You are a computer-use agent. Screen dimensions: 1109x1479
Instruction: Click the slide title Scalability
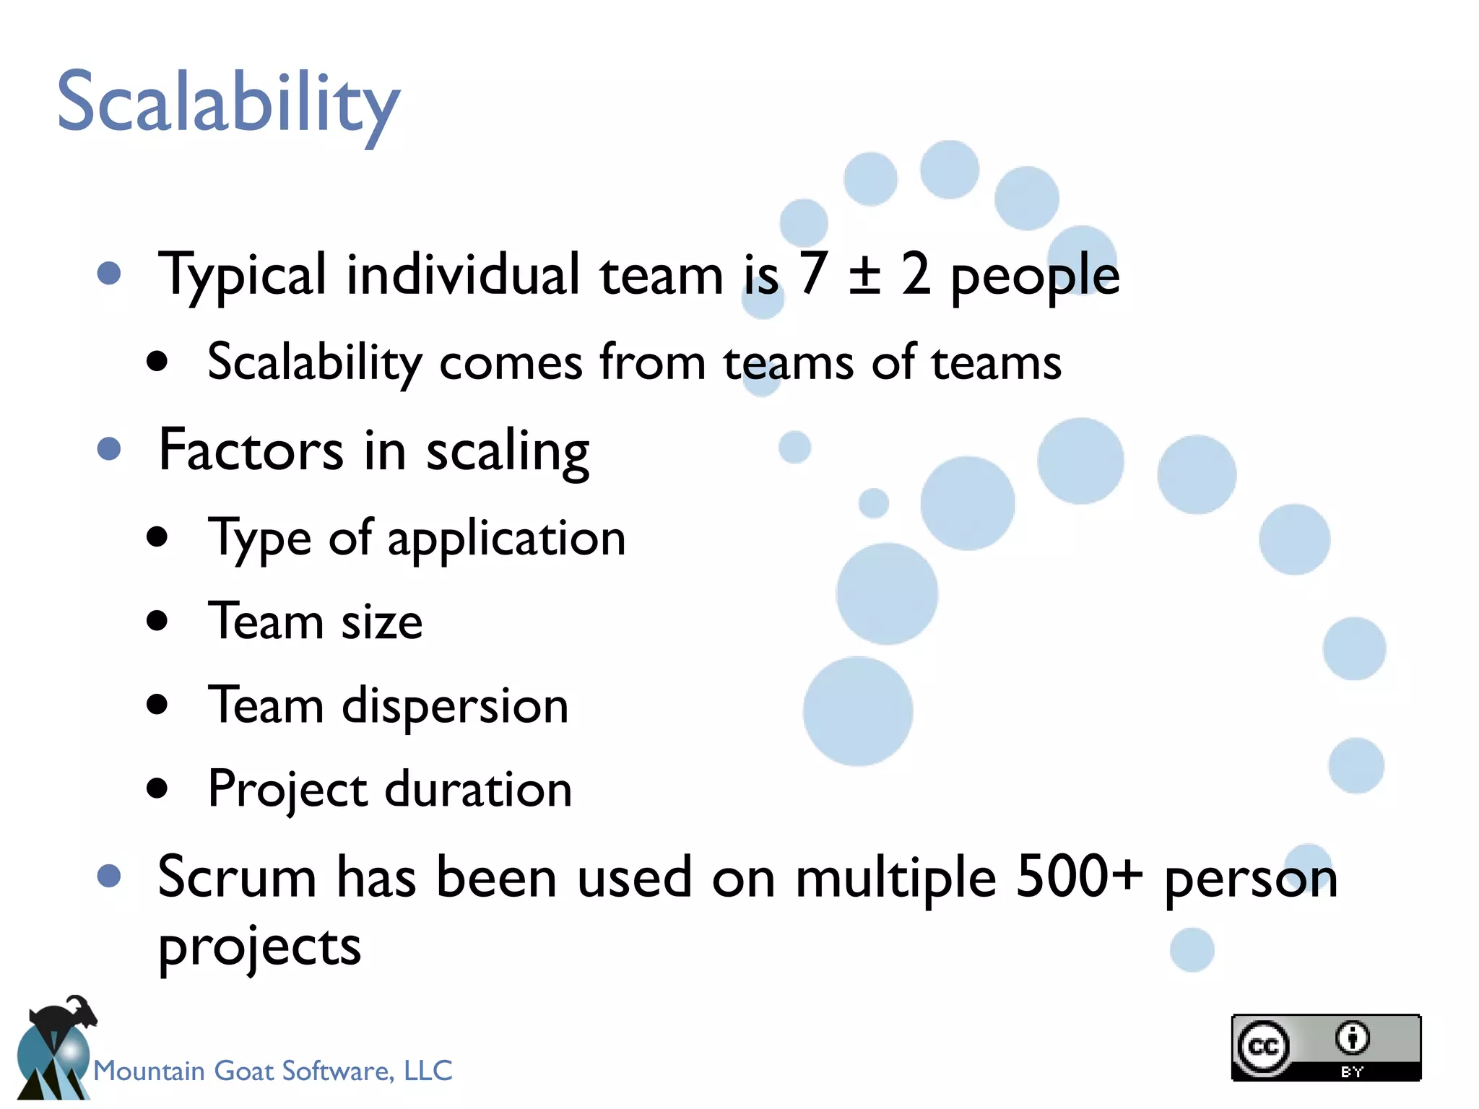point(228,103)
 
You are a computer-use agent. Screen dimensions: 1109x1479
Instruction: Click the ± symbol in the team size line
point(864,274)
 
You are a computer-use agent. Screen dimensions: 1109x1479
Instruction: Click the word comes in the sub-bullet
point(511,362)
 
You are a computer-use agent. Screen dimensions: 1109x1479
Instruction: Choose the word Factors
point(251,450)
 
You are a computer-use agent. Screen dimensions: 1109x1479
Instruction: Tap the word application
point(506,539)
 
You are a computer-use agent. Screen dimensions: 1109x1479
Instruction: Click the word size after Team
point(381,622)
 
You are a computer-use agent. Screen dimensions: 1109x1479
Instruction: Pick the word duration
point(478,789)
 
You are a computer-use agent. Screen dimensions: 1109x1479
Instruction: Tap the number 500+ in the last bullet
point(1079,877)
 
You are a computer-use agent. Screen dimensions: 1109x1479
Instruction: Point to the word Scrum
point(237,878)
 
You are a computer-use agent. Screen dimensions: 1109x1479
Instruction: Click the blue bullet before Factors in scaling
point(109,448)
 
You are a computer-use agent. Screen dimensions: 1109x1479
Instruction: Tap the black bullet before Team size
point(157,620)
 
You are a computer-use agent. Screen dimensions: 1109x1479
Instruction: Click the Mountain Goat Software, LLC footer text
point(273,1071)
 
